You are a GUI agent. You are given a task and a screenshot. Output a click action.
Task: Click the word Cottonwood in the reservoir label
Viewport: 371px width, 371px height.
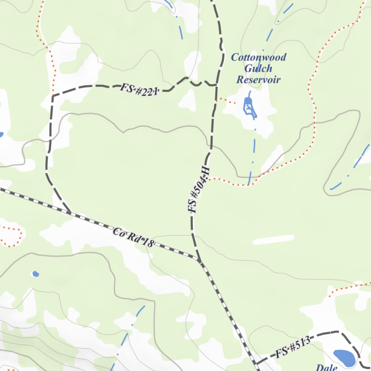point(259,57)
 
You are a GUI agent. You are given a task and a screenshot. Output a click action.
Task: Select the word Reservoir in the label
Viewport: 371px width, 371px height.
point(258,79)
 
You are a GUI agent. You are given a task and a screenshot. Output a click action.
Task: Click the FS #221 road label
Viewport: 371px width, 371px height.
point(139,89)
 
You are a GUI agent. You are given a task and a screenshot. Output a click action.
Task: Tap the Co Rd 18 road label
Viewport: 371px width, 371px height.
point(133,238)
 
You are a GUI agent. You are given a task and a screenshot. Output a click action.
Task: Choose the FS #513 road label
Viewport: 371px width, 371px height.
point(293,347)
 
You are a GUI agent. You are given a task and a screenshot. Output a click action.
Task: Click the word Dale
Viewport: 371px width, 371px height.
point(326,367)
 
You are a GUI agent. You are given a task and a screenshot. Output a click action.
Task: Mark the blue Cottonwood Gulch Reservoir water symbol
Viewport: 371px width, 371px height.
point(249,107)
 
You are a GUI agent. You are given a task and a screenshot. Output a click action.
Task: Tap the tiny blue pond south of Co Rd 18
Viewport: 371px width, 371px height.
point(36,274)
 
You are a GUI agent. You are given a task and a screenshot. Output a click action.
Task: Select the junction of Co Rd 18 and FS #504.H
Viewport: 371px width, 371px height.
point(199,260)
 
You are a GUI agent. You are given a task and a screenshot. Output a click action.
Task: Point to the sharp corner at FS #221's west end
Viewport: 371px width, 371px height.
point(53,96)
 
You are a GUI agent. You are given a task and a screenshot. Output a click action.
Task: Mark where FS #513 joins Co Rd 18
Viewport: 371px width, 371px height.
point(255,363)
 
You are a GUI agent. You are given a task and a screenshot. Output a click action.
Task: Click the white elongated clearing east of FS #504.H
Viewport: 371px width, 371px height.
point(274,240)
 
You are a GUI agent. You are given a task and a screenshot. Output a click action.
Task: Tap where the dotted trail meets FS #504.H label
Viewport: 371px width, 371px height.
point(208,179)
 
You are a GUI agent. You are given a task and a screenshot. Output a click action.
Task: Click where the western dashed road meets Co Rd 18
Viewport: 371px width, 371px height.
point(70,212)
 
